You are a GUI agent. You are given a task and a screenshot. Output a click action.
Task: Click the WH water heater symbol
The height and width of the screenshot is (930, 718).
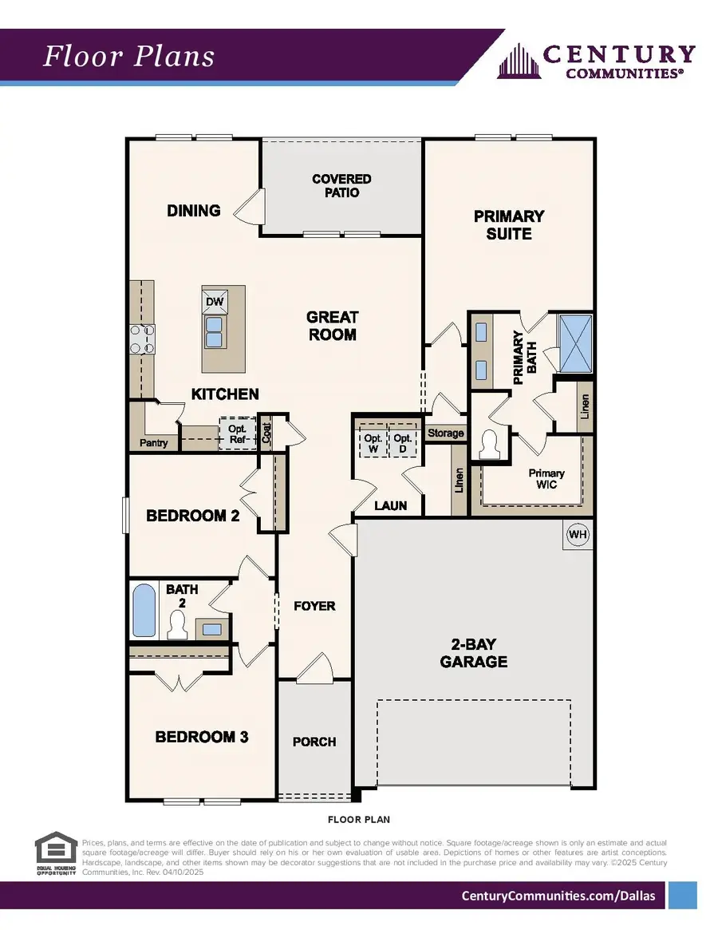577,535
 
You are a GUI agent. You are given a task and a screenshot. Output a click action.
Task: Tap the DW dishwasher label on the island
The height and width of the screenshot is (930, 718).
214,302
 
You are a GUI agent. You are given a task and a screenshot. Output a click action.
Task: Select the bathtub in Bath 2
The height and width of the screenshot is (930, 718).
144,611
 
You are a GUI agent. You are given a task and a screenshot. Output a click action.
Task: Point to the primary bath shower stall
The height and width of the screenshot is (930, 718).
574,343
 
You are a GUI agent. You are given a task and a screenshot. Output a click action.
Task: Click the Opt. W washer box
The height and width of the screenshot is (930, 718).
372,444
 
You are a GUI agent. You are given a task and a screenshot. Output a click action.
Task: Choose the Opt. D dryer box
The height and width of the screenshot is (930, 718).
403,444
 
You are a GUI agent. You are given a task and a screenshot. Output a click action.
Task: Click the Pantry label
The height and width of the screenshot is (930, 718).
153,442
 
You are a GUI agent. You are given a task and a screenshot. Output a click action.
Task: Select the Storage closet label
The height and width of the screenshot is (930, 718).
445,433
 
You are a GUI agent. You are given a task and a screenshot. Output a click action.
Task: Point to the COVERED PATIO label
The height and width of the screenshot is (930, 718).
341,186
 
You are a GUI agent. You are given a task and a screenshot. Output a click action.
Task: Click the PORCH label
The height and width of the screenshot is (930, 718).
314,742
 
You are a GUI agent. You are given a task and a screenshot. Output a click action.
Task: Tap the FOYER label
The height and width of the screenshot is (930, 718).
314,606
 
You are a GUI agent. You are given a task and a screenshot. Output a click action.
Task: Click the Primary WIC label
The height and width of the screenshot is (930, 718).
546,479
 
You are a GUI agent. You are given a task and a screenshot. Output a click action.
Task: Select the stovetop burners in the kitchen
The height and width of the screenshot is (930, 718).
142,338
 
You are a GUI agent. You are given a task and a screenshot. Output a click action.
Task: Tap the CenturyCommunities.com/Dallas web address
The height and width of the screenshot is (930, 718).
558,896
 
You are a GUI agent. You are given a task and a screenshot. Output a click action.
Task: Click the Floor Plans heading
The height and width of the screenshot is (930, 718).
128,57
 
